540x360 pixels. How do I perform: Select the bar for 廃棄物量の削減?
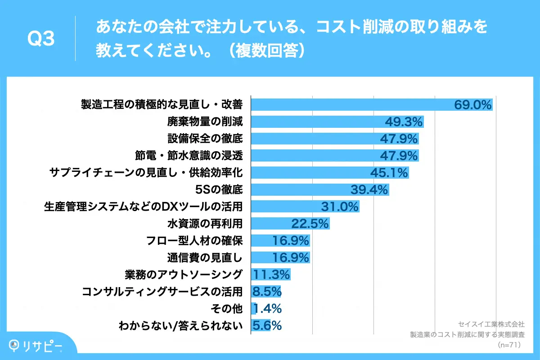315,121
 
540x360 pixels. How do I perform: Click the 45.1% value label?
389,172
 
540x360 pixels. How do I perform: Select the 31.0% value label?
340,207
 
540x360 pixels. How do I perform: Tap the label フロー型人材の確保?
195,240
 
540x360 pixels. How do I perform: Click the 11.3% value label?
271,274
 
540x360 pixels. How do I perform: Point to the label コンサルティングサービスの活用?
162,292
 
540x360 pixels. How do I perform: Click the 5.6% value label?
267,325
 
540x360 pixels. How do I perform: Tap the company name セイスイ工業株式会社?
491,324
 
